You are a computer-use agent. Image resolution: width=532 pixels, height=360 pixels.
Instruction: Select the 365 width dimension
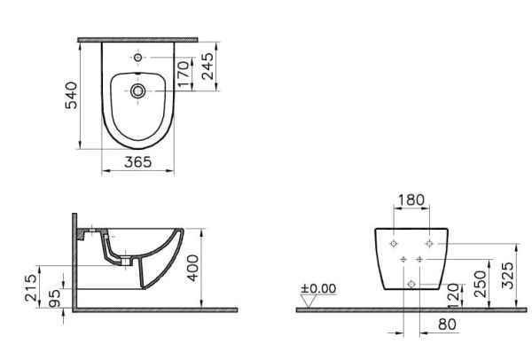[136, 162]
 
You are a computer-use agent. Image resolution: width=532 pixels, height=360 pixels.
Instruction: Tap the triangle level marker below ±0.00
[309, 301]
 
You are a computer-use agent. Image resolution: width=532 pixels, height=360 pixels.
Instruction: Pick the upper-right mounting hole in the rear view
[429, 241]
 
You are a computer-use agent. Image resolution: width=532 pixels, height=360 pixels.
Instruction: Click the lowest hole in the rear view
[411, 283]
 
